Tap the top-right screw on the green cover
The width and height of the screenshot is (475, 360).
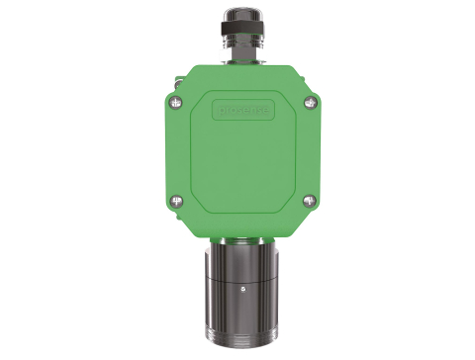(300, 101)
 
